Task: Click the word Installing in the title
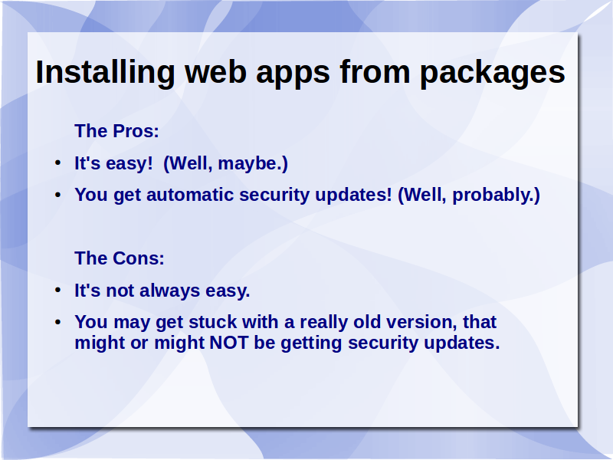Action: (x=105, y=73)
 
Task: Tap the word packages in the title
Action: (x=492, y=73)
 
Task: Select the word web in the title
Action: (x=215, y=72)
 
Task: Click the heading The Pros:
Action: (x=116, y=131)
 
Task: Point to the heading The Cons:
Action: (x=120, y=258)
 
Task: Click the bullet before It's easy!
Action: (x=58, y=163)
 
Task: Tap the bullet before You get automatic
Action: (x=58, y=194)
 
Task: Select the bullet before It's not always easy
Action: (x=58, y=290)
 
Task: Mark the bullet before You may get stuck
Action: (x=58, y=321)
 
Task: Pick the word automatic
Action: (x=190, y=195)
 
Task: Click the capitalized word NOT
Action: (x=228, y=343)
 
